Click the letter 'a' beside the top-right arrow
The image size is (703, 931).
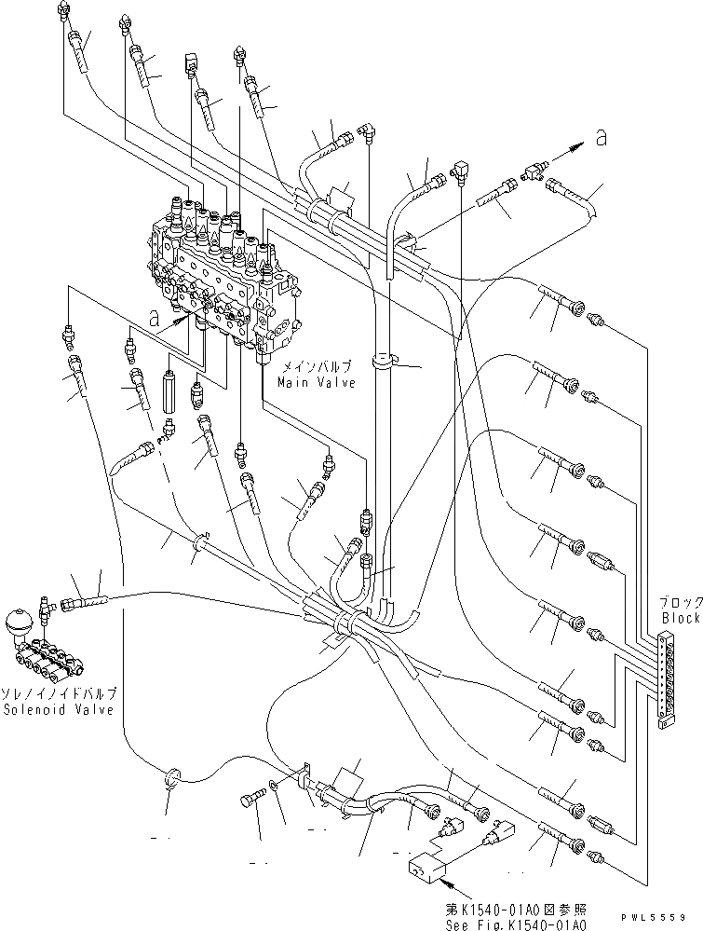pos(602,138)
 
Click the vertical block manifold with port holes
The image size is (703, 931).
pos(664,680)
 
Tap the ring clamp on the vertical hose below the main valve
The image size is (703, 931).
pos(384,358)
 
